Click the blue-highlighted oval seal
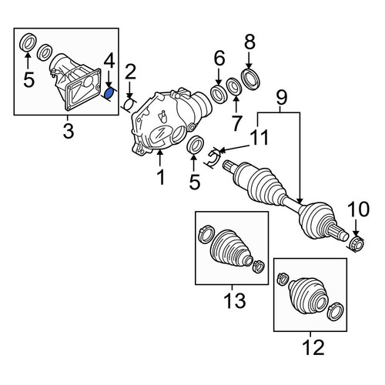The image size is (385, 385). (x=109, y=94)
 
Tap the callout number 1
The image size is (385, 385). (x=161, y=177)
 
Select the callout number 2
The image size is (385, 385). (x=129, y=73)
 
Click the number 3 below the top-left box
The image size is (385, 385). (x=69, y=131)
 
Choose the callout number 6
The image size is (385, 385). (x=219, y=59)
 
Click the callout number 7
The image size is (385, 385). (x=236, y=123)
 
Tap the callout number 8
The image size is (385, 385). (x=249, y=42)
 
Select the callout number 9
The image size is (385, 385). (x=281, y=98)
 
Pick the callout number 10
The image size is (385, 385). (x=359, y=209)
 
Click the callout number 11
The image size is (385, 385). (x=259, y=137)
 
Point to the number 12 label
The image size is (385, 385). (x=313, y=347)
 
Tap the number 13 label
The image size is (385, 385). (x=235, y=300)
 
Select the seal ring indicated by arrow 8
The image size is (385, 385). (x=251, y=78)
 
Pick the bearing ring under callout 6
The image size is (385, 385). (x=219, y=94)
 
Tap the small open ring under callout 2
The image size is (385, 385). (x=129, y=105)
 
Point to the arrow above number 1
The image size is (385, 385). (x=160, y=159)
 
